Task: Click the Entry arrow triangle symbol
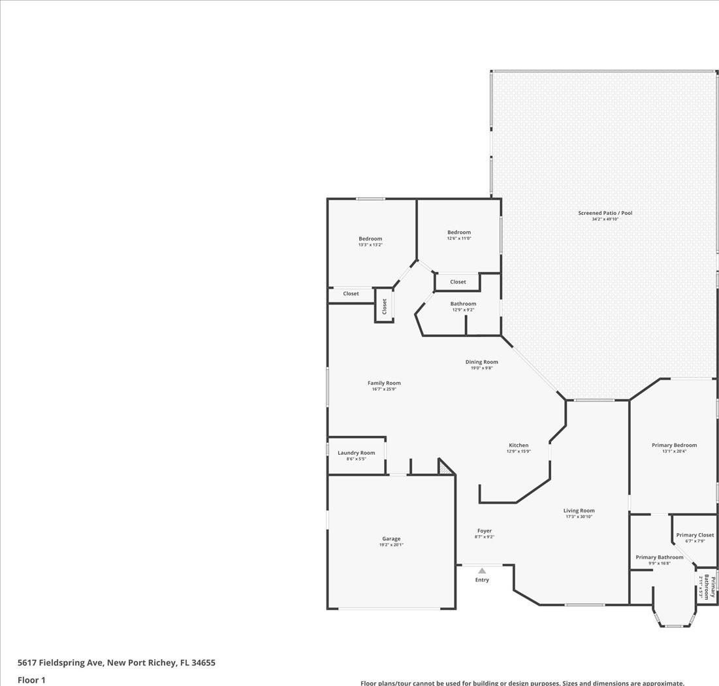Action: (482, 571)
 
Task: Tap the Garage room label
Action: (391, 539)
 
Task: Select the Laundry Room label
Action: (357, 453)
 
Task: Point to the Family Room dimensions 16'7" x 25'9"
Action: (384, 389)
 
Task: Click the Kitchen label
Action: (519, 445)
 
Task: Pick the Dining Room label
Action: (481, 362)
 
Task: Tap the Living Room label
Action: (579, 511)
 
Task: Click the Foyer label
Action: (484, 531)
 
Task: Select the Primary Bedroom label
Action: (674, 445)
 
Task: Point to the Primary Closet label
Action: (695, 535)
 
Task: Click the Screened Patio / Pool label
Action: (605, 213)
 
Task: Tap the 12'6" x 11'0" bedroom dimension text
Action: (459, 238)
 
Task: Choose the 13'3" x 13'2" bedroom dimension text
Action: (370, 245)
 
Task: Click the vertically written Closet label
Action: (384, 306)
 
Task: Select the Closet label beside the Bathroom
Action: (458, 282)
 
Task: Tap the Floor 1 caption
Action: (31, 680)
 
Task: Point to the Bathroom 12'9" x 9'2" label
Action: (463, 306)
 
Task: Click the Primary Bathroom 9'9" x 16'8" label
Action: (660, 560)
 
